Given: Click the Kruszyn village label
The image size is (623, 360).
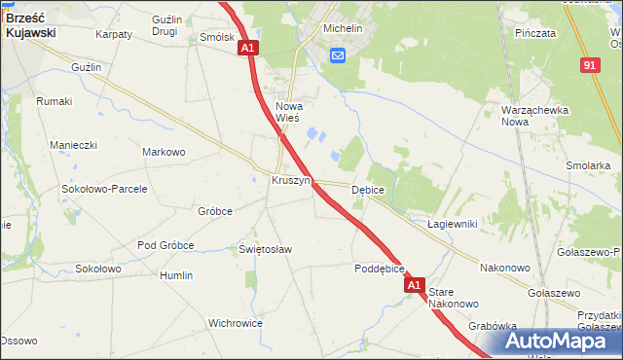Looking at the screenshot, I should (290, 181).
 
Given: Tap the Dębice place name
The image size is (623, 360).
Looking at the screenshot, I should (368, 190).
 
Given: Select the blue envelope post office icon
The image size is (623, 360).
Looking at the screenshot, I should (337, 56).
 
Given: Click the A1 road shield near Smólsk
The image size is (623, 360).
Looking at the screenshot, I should (247, 47).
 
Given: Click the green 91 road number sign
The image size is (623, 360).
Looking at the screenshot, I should (590, 64).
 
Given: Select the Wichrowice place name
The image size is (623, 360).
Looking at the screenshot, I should (236, 322).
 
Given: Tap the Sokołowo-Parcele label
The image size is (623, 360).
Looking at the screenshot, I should (104, 189).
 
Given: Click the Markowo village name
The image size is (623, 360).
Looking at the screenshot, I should (164, 152).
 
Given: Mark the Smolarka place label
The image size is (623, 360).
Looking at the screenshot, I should (587, 165).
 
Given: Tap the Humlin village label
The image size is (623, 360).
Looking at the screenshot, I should (176, 275).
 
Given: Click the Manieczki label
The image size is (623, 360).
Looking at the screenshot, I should (74, 145).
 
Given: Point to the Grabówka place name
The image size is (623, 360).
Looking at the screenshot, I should (491, 326).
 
